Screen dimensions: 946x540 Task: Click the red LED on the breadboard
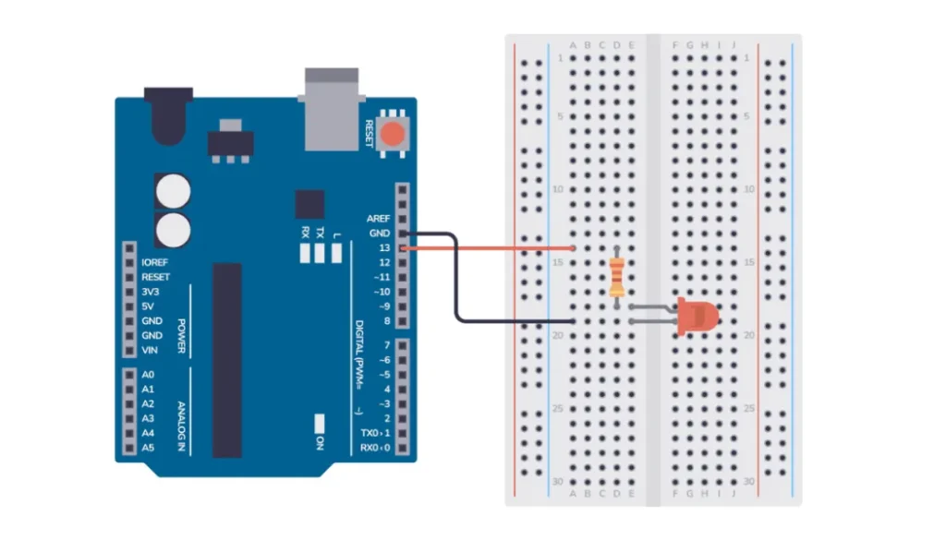tap(697, 316)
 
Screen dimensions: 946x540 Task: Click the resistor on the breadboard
tap(616, 277)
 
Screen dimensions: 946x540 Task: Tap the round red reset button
tap(393, 135)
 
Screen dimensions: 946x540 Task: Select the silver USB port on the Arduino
tap(332, 109)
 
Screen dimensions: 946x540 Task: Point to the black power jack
tap(168, 115)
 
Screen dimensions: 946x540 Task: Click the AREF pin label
tap(378, 218)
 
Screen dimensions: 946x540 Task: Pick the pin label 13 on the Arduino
tap(384, 247)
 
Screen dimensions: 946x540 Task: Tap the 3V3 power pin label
tap(151, 292)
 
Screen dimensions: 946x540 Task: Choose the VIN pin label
tap(150, 350)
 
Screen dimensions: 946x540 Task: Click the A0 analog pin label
tap(148, 375)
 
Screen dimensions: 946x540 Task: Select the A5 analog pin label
tap(148, 448)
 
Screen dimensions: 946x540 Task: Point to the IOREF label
tap(154, 262)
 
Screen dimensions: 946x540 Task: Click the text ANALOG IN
tap(181, 426)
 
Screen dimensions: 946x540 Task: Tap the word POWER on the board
tap(181, 336)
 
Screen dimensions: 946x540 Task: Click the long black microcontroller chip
tap(227, 360)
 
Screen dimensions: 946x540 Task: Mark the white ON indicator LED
tap(319, 424)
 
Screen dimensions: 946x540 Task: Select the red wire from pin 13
tap(488, 247)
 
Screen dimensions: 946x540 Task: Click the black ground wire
tap(456, 277)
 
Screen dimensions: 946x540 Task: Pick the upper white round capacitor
tap(173, 191)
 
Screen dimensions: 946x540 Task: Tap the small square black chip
tap(310, 204)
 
